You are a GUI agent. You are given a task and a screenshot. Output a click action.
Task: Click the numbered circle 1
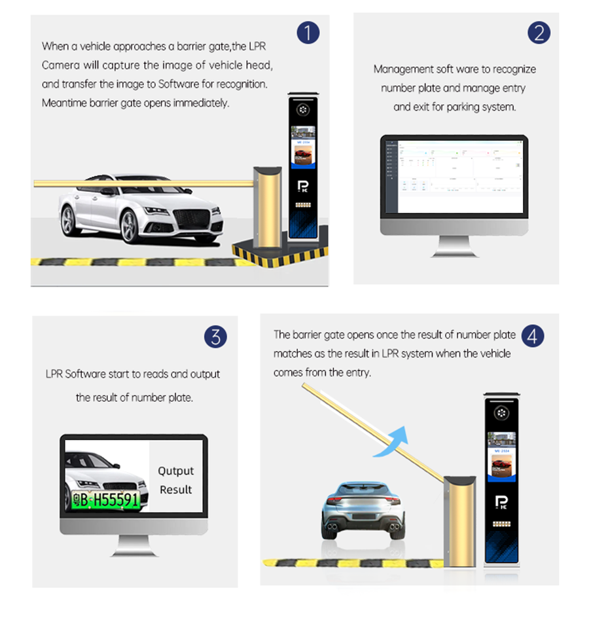pyautogui.click(x=308, y=33)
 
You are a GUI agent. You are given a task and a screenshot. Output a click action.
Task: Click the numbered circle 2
pyautogui.click(x=538, y=33)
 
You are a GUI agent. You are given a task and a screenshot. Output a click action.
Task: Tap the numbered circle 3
pyautogui.click(x=215, y=337)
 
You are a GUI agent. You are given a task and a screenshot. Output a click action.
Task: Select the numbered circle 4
pyautogui.click(x=533, y=337)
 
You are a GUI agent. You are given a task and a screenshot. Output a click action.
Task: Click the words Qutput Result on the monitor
pyautogui.click(x=175, y=480)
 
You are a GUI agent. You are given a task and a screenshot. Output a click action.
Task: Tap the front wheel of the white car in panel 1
pyautogui.click(x=130, y=226)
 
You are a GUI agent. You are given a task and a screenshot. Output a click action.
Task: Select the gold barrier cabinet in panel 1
pyautogui.click(x=268, y=208)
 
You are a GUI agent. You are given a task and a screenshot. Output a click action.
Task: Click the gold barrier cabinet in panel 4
pyautogui.click(x=458, y=520)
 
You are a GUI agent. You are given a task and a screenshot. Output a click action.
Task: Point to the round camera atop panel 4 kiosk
pyautogui.click(x=502, y=413)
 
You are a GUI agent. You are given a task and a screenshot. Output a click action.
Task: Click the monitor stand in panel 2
pyautogui.click(x=454, y=246)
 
